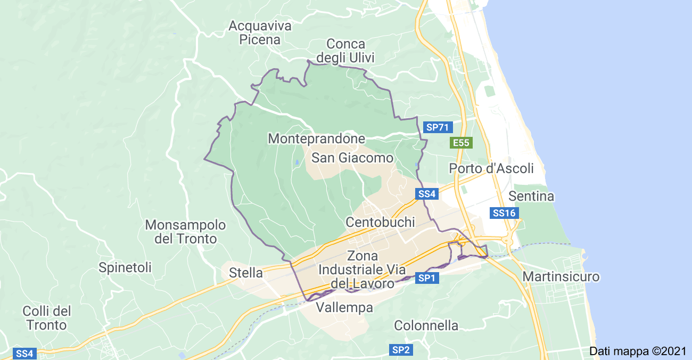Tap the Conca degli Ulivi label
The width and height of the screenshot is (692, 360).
click(x=346, y=51)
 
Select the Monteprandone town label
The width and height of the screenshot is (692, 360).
click(x=316, y=139)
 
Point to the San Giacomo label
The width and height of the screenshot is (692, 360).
click(x=352, y=158)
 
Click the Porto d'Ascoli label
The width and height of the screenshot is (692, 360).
click(x=491, y=169)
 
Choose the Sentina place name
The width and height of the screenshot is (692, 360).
click(x=531, y=197)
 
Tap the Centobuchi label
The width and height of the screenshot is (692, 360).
click(x=380, y=222)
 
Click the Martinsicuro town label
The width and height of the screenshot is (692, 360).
click(x=561, y=277)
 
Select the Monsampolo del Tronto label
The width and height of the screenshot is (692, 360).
click(x=185, y=232)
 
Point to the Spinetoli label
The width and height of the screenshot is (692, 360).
click(x=125, y=267)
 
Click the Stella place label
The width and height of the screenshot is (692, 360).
click(x=246, y=273)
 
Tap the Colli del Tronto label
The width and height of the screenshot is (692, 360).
click(x=47, y=318)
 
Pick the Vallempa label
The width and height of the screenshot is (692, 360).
click(x=344, y=308)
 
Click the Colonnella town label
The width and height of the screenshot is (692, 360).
click(x=426, y=325)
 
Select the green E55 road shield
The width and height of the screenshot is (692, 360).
click(x=460, y=143)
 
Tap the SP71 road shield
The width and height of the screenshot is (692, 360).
click(x=438, y=127)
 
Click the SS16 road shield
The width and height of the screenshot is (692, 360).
click(x=504, y=213)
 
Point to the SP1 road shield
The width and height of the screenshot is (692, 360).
click(x=427, y=278)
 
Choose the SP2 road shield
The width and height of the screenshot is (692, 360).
click(x=401, y=350)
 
